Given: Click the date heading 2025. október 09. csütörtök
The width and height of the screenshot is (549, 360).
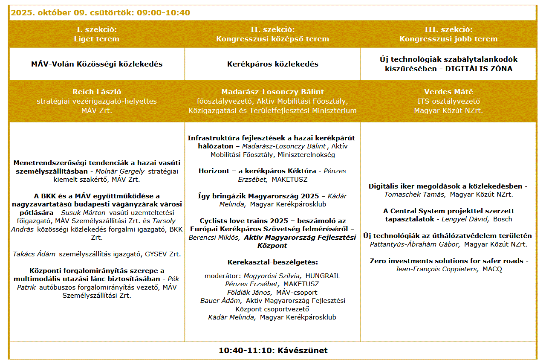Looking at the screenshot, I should point(100,13).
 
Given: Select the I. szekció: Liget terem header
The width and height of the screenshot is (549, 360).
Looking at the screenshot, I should point(97,34).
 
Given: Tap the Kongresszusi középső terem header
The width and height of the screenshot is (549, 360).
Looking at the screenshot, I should point(273,39).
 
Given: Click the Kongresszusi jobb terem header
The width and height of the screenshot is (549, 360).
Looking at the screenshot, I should point(448,39).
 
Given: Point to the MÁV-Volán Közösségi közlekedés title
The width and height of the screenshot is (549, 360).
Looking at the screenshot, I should point(97,64).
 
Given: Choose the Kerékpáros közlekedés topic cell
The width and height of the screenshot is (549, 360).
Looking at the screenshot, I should point(273,64).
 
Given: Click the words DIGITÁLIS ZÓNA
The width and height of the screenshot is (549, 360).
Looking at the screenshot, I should point(479,69).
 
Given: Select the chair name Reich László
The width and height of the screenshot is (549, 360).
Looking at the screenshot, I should point(97,92).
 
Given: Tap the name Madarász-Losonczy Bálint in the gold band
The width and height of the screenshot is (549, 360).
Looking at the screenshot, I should point(273,92).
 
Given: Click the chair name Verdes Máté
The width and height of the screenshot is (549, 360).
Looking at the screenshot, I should point(448,92).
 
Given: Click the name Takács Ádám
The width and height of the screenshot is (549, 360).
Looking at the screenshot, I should point(34,254).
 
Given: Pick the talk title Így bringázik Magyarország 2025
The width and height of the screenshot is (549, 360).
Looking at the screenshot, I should point(258,196).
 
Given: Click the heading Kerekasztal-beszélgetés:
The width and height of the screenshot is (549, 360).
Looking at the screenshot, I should point(273,262).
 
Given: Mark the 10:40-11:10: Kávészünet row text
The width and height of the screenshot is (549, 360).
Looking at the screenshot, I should point(273,351).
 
